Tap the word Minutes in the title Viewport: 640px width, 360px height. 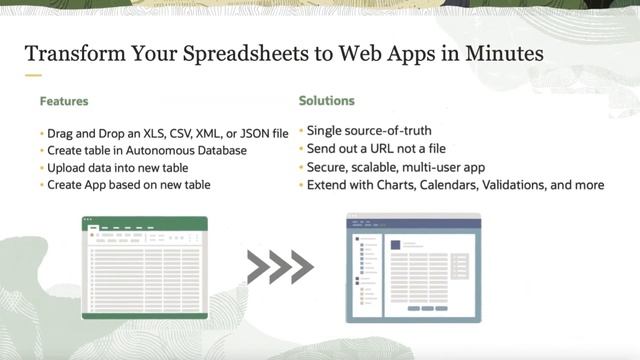498,53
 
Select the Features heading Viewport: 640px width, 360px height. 64,101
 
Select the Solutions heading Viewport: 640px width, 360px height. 326,101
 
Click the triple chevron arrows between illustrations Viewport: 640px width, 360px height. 279,267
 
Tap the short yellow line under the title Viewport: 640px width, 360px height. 33,76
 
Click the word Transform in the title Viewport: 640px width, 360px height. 67,53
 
